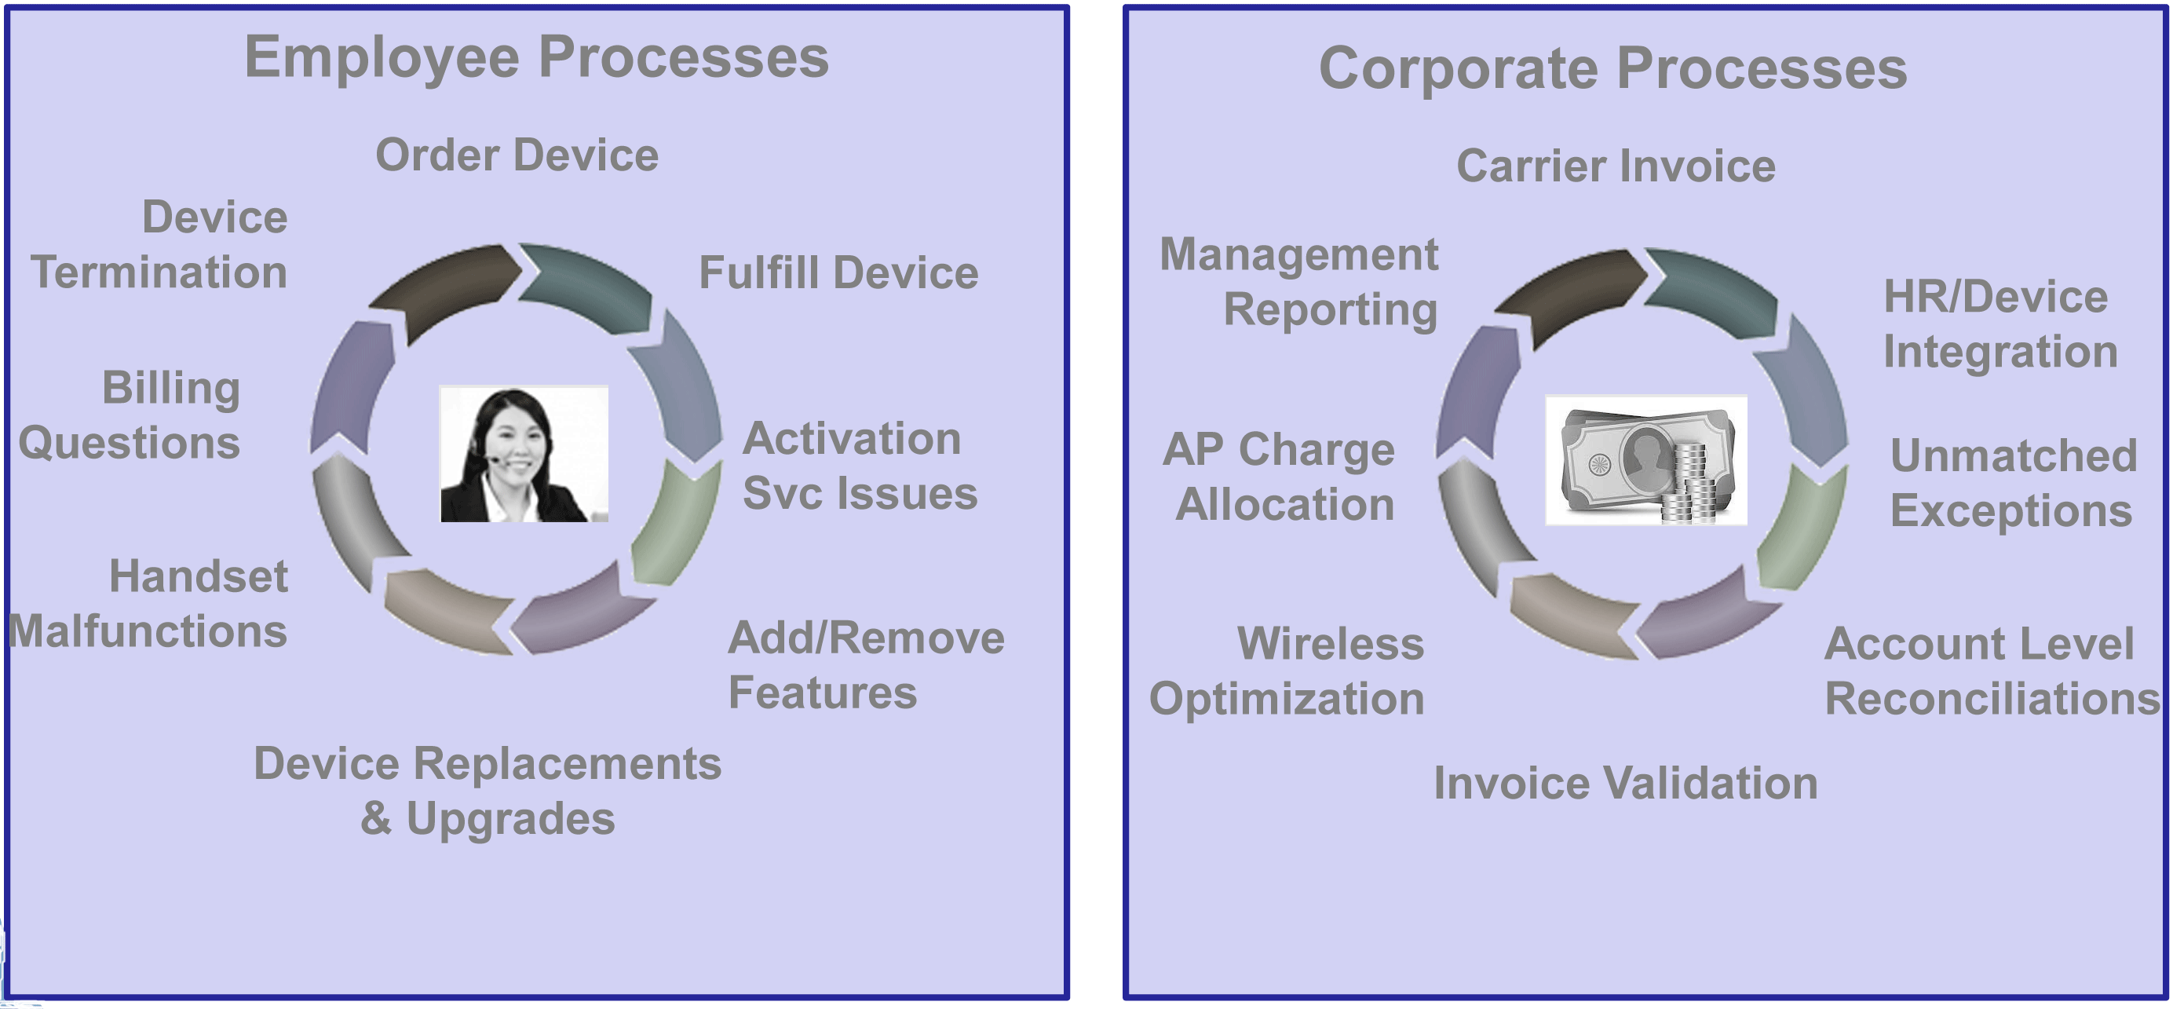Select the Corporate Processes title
point(1613,68)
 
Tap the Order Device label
point(517,155)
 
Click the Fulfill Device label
point(838,273)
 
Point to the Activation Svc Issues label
point(860,466)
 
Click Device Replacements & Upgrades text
point(488,791)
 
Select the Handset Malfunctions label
point(148,604)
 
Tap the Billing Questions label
point(129,415)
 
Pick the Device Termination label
point(159,245)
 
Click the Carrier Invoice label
point(1616,166)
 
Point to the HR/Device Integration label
point(2000,324)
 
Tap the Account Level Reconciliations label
point(1992,671)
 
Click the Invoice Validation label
point(1626,784)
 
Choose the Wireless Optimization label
point(1287,671)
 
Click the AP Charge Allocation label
point(1279,477)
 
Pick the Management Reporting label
point(1299,282)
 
